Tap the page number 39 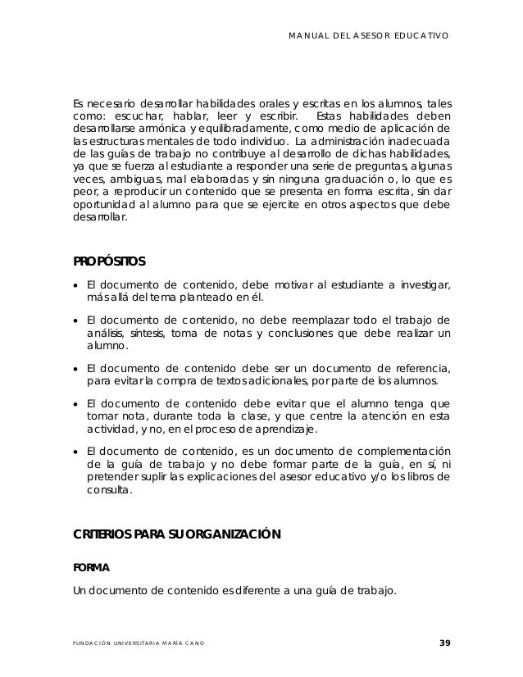tap(444, 642)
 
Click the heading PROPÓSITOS tap(110, 262)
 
